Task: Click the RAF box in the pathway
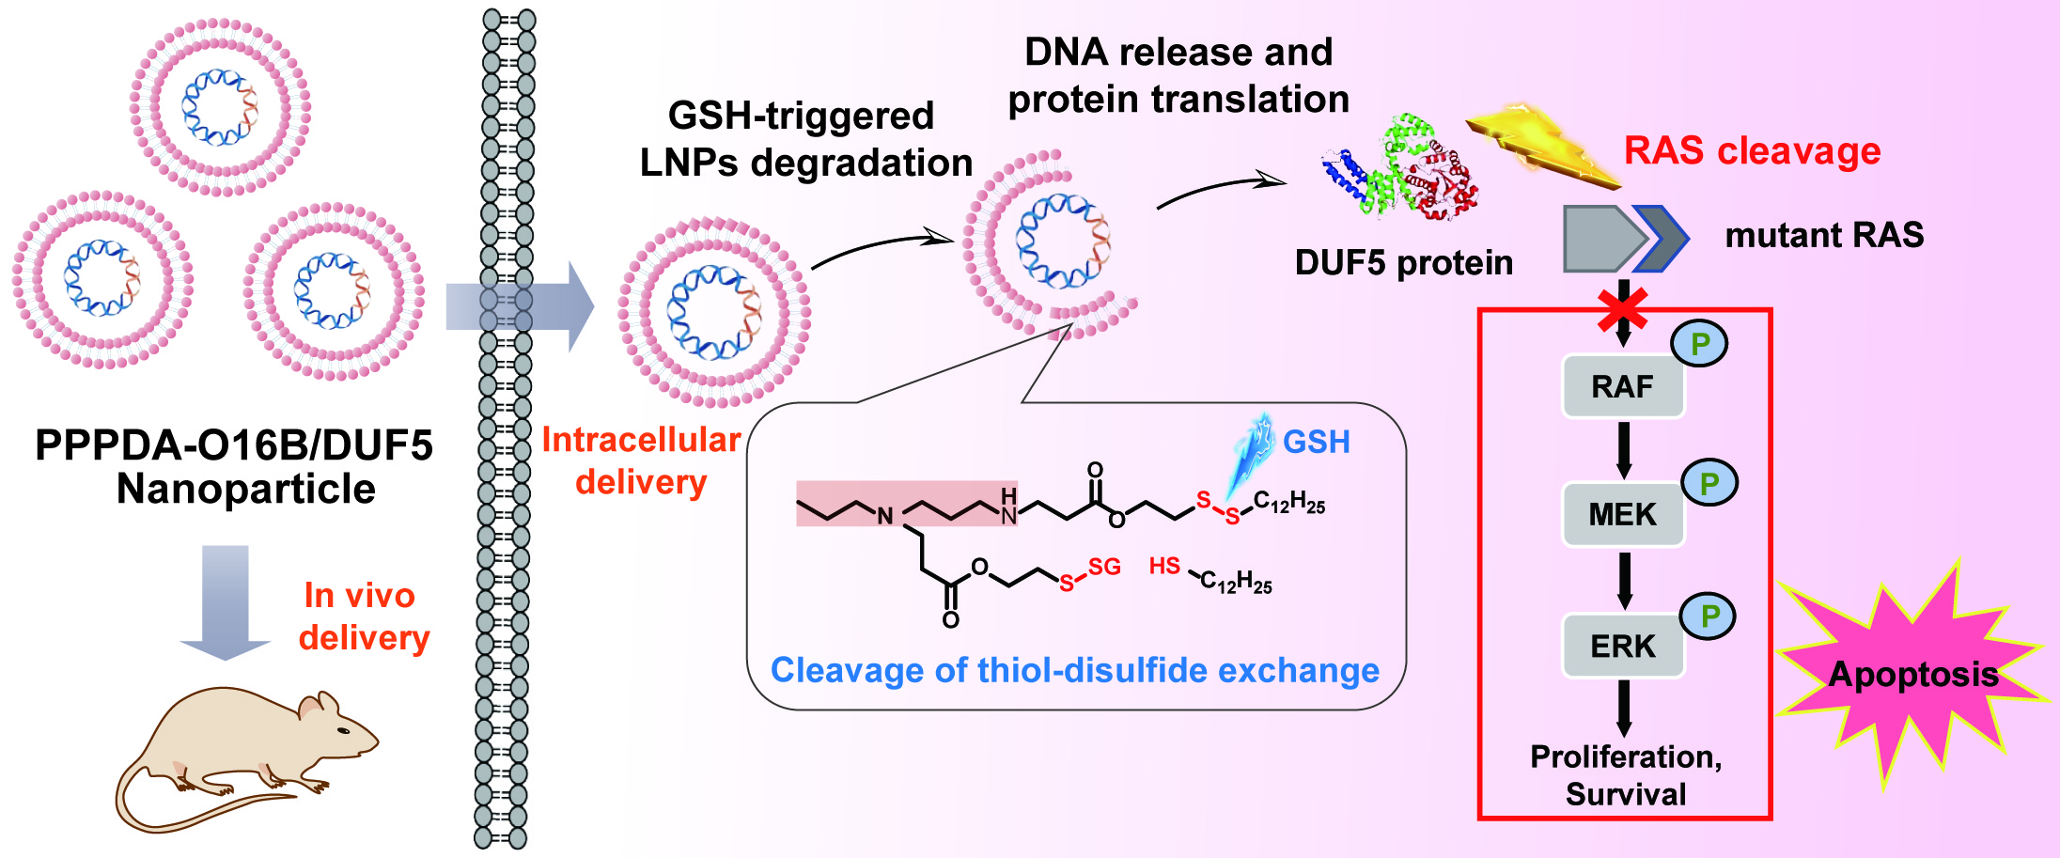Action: pos(1623,386)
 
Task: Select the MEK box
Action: pos(1623,515)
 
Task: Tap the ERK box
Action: pos(1623,647)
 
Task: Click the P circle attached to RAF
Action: pos(1699,344)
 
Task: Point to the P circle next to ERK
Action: pos(1709,616)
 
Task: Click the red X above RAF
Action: pos(1623,309)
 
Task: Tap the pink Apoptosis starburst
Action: pos(1912,675)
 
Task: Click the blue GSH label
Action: pos(1316,442)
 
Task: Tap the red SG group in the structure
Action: pos(1104,567)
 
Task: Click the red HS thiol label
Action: pos(1164,566)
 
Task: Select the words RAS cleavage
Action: pos(1753,151)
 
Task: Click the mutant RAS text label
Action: pos(1824,235)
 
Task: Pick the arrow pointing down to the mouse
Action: pos(226,601)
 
